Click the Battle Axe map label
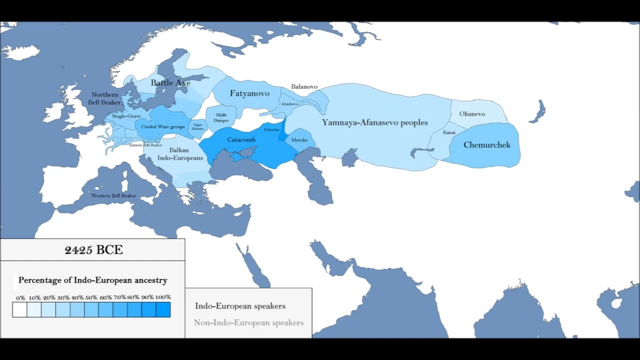tap(170, 82)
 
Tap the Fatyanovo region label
tap(249, 93)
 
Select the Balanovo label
tap(304, 86)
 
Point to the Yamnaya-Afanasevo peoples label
tap(375, 122)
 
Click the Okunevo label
tap(472, 114)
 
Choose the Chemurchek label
tap(487, 145)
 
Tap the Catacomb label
tap(241, 139)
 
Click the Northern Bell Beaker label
tap(104, 98)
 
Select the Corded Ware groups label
tap(163, 127)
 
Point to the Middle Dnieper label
tap(221, 117)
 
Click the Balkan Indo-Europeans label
tap(180, 154)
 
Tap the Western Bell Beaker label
tap(113, 195)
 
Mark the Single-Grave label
tap(126, 116)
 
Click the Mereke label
tap(299, 140)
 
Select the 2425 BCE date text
tap(93, 250)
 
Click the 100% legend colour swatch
tap(163, 310)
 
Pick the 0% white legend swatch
tap(19, 310)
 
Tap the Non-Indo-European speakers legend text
tap(248, 322)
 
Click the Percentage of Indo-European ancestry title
tap(92, 280)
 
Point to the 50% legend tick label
tap(91, 297)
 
